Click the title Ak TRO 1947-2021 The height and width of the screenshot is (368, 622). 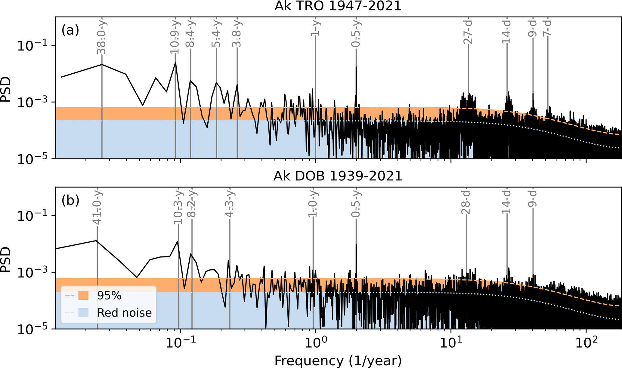(x=338, y=6)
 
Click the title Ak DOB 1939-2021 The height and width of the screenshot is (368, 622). (x=338, y=176)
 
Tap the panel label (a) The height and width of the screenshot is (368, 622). (x=70, y=30)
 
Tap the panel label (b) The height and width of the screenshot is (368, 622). (x=70, y=201)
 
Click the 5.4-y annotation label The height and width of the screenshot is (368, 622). (x=216, y=34)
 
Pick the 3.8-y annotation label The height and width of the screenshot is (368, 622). (x=237, y=34)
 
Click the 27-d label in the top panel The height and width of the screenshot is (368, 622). (x=468, y=32)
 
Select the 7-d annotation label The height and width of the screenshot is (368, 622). (x=547, y=28)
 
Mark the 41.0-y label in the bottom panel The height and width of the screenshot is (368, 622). (x=97, y=207)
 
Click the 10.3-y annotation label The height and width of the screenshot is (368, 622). (x=178, y=207)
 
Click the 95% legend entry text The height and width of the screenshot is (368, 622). (x=109, y=296)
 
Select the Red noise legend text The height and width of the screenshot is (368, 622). (x=124, y=313)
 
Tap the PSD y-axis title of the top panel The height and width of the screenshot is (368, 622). (x=6, y=89)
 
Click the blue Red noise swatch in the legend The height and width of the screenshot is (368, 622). (x=83, y=313)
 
